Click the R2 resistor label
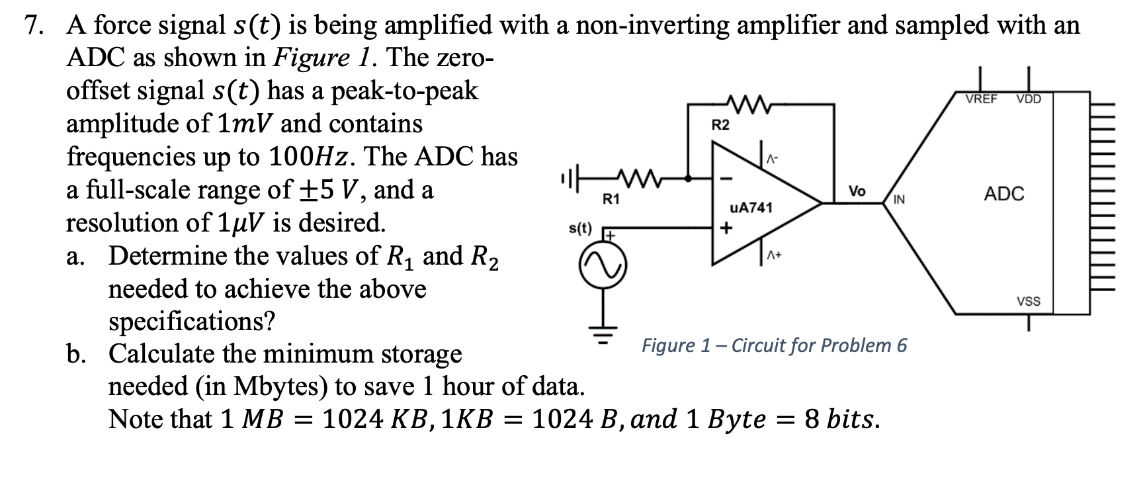(720, 125)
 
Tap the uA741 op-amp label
(751, 208)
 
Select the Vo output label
(857, 191)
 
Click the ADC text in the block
(1003, 194)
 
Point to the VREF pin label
(982, 99)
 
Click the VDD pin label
(1029, 99)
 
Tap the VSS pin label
(1029, 302)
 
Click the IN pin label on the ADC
(900, 199)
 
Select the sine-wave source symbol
(603, 267)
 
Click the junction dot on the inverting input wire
(689, 177)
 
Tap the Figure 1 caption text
(774, 345)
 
